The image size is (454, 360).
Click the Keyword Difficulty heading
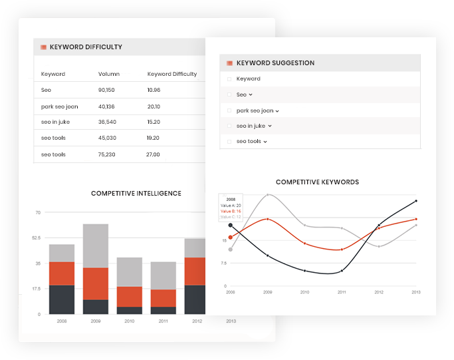[x=86, y=47]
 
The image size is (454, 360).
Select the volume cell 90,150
[x=106, y=90]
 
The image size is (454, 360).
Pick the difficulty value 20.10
[x=154, y=106]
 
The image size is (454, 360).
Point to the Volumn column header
[x=109, y=74]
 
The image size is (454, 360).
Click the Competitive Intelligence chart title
[x=136, y=194]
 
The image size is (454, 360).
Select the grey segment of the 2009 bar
[x=96, y=246]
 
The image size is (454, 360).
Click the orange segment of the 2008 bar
[x=62, y=273]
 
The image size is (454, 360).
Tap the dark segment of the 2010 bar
[x=130, y=310]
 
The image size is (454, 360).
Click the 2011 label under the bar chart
[x=163, y=321]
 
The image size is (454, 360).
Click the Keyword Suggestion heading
[x=275, y=63]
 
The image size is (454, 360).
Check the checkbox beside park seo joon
[x=229, y=110]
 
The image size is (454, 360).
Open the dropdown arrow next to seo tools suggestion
[x=265, y=142]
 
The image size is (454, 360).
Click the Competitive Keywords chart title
[x=317, y=182]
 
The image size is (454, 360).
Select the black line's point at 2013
[x=416, y=200]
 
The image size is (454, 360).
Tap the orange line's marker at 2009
[x=267, y=218]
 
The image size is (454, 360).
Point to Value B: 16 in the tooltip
[x=231, y=211]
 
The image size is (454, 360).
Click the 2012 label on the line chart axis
[x=379, y=292]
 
